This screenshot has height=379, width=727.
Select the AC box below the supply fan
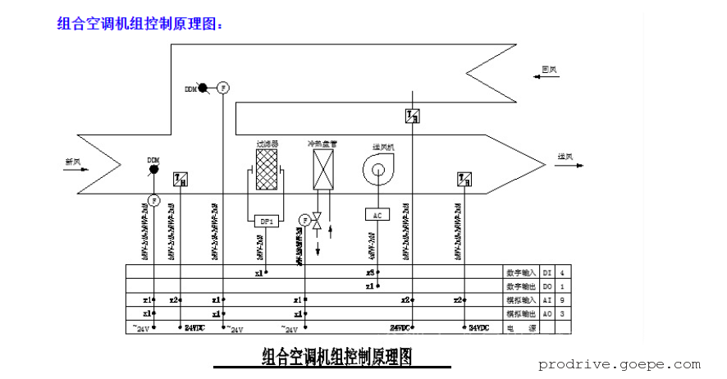377,214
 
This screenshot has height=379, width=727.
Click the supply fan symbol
377,171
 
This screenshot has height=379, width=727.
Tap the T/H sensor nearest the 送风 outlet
464,178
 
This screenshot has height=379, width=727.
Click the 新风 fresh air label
74,162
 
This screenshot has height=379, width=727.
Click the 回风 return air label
549,70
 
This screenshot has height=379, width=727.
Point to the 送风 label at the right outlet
565,157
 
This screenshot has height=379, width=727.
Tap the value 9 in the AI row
561,299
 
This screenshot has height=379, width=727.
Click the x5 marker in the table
371,272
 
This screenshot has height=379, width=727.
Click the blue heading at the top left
140,24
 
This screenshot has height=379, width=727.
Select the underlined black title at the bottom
336,357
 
